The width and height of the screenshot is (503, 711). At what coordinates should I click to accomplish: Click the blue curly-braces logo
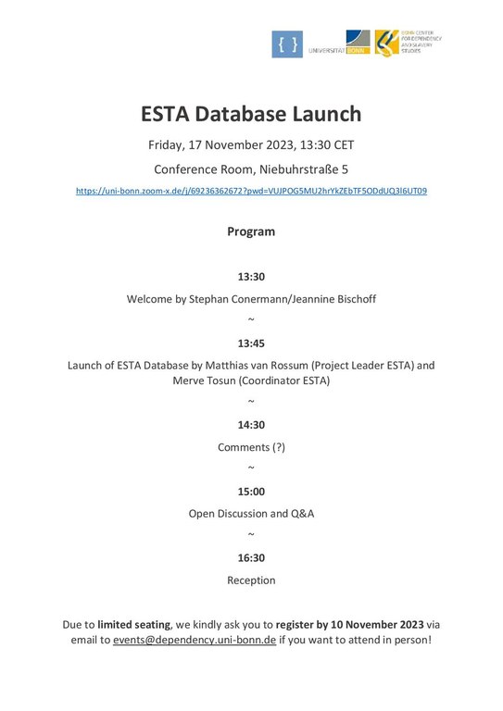(287, 44)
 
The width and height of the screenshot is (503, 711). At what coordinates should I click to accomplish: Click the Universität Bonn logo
(340, 44)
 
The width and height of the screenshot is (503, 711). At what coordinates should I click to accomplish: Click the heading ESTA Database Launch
(251, 114)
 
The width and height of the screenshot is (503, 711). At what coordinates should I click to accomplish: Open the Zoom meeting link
(251, 191)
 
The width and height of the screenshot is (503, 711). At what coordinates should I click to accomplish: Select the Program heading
(251, 231)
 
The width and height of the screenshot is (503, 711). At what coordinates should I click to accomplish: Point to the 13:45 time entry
(251, 343)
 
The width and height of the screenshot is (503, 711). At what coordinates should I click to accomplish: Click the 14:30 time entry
(251, 425)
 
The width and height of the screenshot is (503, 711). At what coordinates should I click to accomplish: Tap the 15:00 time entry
(251, 492)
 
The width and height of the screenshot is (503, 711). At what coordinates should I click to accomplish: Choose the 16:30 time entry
(251, 558)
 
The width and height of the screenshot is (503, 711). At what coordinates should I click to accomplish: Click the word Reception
(251, 580)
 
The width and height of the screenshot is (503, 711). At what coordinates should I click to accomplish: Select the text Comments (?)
(251, 447)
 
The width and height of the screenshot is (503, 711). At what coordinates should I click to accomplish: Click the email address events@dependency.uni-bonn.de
(195, 640)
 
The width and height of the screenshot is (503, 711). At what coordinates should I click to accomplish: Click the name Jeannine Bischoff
(331, 299)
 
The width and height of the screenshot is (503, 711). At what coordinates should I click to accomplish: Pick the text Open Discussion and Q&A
(251, 514)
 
